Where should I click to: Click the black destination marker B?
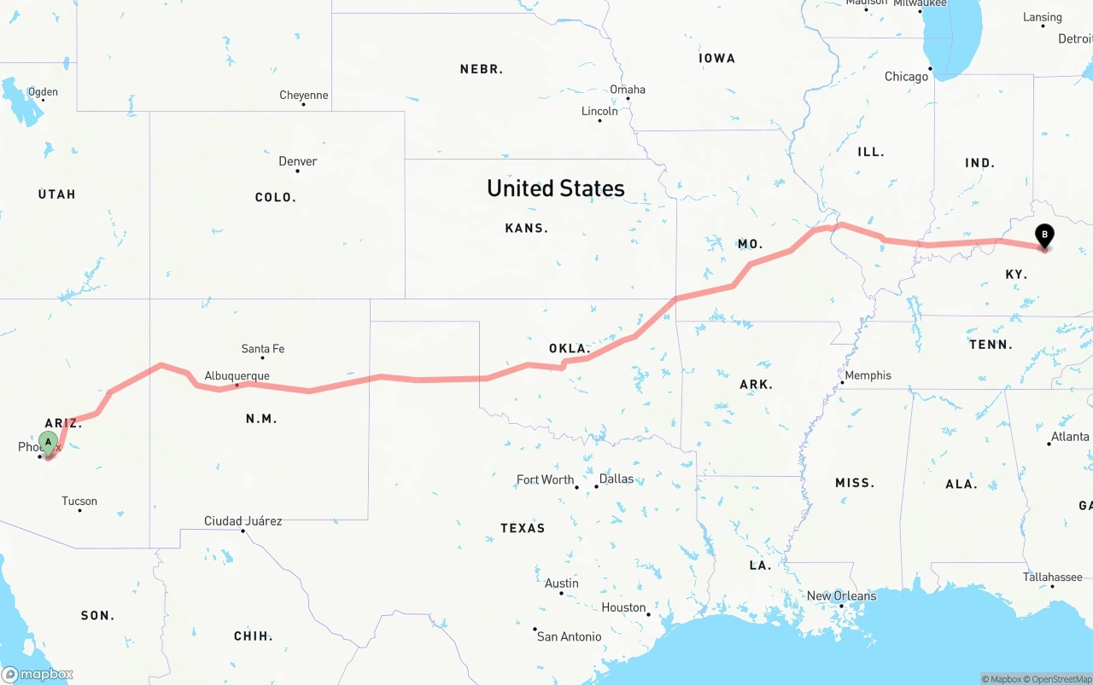click(x=1043, y=235)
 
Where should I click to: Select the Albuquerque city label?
click(x=237, y=375)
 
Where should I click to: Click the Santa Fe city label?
click(x=262, y=348)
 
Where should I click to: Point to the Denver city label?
click(x=297, y=161)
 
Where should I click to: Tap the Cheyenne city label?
click(x=303, y=95)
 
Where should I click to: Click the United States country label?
click(x=555, y=188)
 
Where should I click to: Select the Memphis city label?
click(x=868, y=375)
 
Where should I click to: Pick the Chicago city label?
click(x=906, y=77)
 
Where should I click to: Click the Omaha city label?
click(x=627, y=90)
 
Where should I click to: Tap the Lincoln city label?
click(x=599, y=111)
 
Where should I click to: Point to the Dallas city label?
click(x=616, y=479)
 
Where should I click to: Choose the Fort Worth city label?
click(x=545, y=479)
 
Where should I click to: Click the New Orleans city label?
click(x=841, y=595)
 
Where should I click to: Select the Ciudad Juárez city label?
click(x=243, y=520)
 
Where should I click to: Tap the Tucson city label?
click(x=79, y=501)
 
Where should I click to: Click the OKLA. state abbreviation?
click(x=570, y=349)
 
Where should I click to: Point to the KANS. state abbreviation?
click(x=527, y=228)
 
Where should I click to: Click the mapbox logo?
click(x=38, y=674)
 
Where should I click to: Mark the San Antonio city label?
click(x=569, y=636)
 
